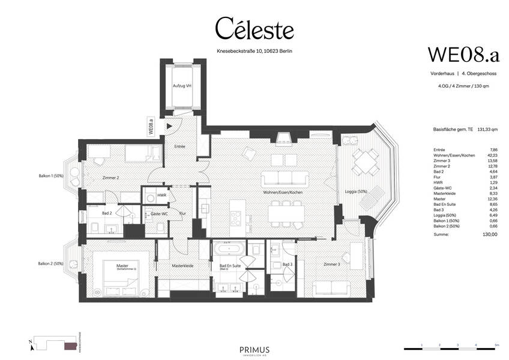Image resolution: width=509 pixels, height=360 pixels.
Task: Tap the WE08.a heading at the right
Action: tap(463, 54)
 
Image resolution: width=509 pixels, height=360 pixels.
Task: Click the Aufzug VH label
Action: tap(182, 86)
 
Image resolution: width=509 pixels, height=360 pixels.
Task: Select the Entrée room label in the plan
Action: tap(179, 146)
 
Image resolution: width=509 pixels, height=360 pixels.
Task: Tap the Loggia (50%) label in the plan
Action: tap(356, 192)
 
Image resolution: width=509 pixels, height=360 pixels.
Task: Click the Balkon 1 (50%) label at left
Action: tap(50, 176)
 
